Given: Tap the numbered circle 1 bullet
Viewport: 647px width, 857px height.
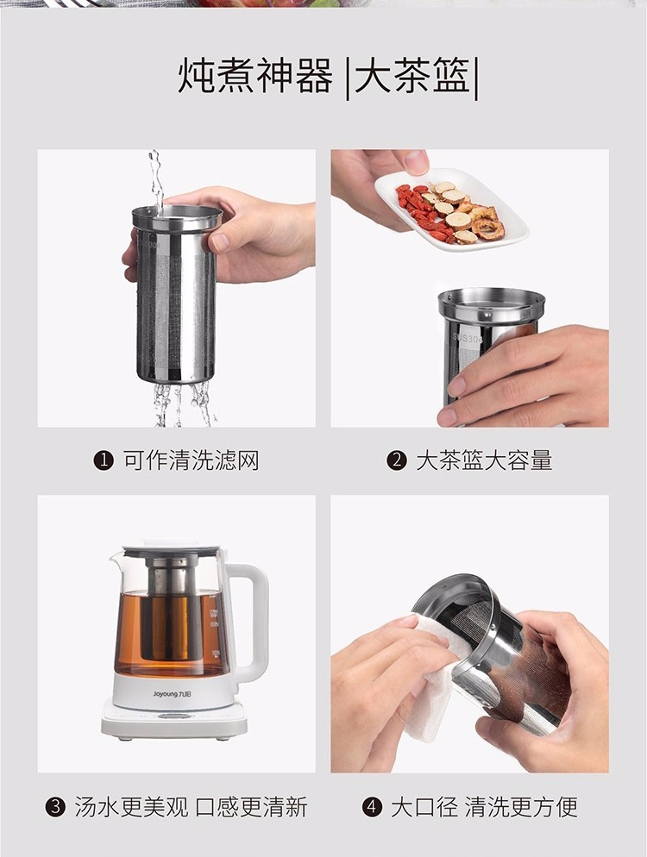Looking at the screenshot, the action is [x=104, y=460].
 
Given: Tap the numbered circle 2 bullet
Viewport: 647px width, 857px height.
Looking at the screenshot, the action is [x=397, y=460].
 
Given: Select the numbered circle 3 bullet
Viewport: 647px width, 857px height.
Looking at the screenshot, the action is [x=55, y=807].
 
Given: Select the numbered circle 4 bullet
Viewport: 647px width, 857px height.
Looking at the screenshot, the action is [x=372, y=807].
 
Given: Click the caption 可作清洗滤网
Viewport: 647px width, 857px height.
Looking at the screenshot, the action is [x=191, y=460].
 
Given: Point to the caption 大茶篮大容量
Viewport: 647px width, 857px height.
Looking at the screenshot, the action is [x=484, y=460].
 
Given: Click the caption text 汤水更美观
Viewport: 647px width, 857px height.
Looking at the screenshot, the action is [x=131, y=807].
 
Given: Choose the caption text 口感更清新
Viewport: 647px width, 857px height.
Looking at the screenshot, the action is [x=252, y=807].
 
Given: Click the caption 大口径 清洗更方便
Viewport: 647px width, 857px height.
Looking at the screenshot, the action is [x=484, y=807].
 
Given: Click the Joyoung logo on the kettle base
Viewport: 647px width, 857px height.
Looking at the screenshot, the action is [x=173, y=694].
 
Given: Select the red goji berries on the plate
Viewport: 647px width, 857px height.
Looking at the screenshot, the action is [x=421, y=210].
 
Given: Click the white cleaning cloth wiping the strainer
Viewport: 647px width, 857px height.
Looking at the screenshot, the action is [x=431, y=678].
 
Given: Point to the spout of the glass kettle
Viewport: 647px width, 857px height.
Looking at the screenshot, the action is [x=116, y=559].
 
